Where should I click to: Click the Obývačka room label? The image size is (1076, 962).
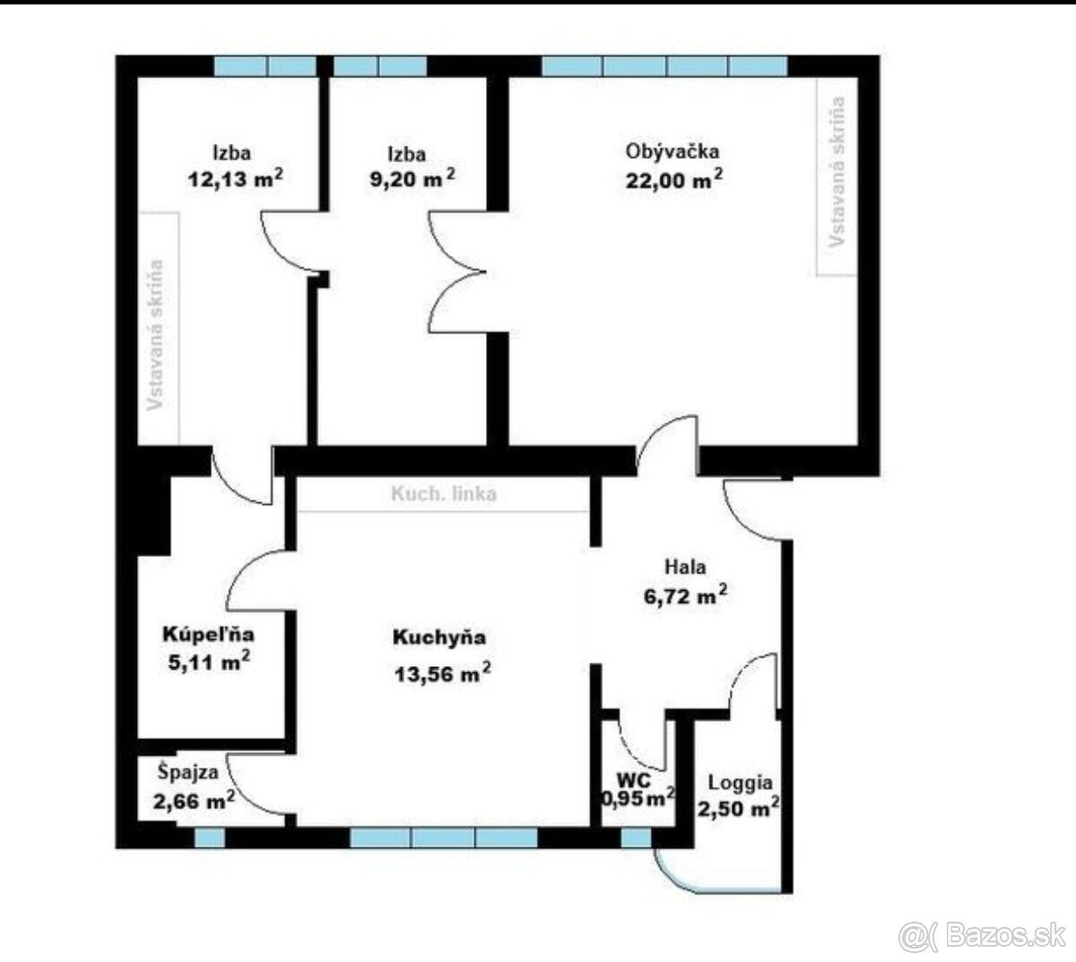672,152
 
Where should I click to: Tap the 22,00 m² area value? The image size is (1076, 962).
674,179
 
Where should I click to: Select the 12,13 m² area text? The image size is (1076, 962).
235,178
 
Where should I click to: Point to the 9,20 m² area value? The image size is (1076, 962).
412,178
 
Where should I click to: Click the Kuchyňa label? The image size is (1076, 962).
439,637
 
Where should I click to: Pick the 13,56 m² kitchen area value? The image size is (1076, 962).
442,673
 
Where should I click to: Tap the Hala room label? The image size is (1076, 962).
685,567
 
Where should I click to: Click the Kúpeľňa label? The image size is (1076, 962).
208,634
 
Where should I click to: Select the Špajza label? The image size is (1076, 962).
188,772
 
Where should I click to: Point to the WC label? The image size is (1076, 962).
634,780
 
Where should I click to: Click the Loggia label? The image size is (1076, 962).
741,783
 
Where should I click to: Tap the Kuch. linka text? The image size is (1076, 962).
444,494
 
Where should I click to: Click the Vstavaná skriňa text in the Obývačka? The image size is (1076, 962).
837,171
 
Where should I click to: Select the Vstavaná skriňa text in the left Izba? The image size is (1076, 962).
155,334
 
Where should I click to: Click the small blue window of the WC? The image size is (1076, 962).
636,838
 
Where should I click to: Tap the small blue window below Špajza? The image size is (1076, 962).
210,838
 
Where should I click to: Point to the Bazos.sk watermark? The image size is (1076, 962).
982,936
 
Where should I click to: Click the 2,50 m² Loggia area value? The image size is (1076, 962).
738,809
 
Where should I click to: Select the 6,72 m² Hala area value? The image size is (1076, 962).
685,595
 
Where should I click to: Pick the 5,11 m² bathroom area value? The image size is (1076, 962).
209,662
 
